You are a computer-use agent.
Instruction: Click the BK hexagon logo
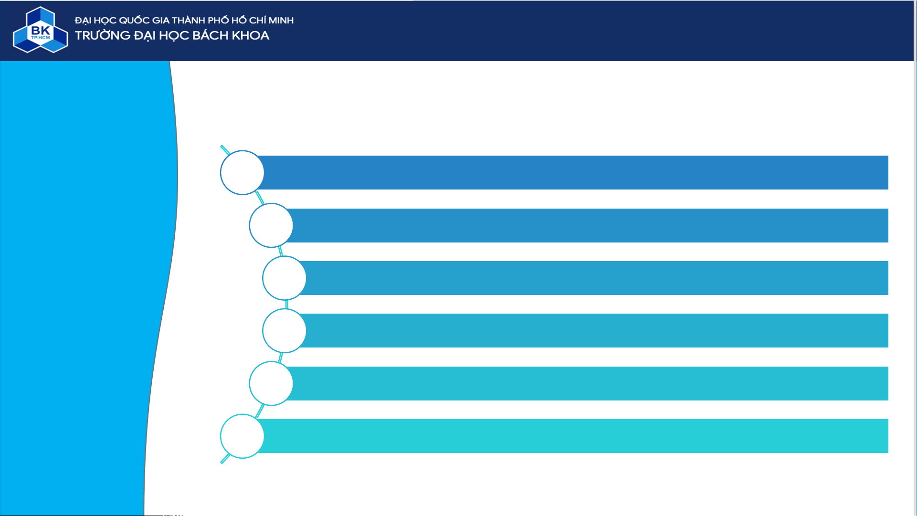pyautogui.click(x=40, y=30)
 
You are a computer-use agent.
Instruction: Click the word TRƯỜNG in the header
pyautogui.click(x=103, y=36)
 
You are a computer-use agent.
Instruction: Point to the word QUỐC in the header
pyautogui.click(x=134, y=21)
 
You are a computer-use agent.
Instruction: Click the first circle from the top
pyautogui.click(x=242, y=173)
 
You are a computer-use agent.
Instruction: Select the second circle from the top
pyautogui.click(x=271, y=225)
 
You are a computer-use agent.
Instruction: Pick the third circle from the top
pyautogui.click(x=284, y=278)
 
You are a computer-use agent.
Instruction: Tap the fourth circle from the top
pyautogui.click(x=284, y=331)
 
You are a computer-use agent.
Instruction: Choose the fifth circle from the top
pyautogui.click(x=271, y=383)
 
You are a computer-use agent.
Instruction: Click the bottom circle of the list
pyautogui.click(x=242, y=436)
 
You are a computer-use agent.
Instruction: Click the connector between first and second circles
pyautogui.click(x=260, y=198)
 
